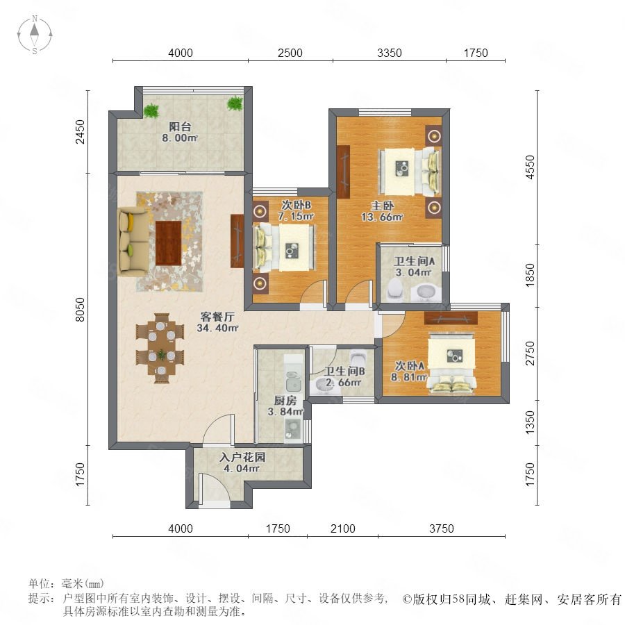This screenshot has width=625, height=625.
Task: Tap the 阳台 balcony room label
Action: [x=180, y=127]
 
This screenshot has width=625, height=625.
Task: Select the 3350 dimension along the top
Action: [x=390, y=53]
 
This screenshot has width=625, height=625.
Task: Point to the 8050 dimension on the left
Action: [x=81, y=309]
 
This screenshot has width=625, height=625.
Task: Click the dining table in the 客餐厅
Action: [x=160, y=349]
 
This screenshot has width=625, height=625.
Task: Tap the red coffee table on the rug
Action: [x=169, y=243]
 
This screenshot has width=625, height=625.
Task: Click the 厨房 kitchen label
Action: [x=285, y=400]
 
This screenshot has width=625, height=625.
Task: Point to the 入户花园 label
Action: [x=242, y=457]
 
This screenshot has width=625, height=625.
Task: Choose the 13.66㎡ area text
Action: [x=382, y=217]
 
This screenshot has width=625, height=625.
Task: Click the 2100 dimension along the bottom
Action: [x=343, y=528]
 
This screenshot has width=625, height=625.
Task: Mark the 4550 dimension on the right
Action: [x=530, y=167]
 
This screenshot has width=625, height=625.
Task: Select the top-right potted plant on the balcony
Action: [x=235, y=103]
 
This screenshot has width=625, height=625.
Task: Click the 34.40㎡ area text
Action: [x=217, y=328]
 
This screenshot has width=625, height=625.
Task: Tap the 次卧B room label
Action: [x=297, y=206]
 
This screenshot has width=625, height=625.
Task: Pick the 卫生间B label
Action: [x=344, y=371]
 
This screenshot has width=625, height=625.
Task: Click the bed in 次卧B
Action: [x=284, y=248]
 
